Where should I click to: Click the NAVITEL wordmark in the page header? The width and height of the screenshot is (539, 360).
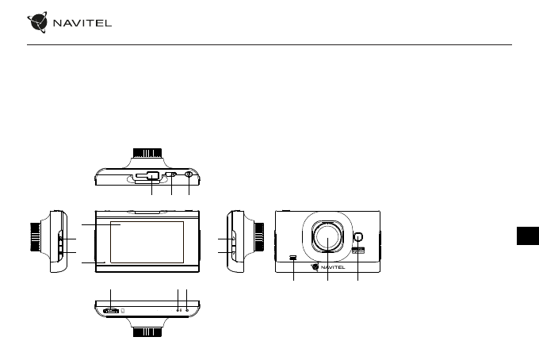tap(82, 23)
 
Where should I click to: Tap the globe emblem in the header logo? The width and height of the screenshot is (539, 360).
tap(37, 22)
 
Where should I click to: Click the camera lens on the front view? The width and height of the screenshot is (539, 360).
tap(327, 236)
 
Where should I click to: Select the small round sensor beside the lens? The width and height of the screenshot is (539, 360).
tap(358, 237)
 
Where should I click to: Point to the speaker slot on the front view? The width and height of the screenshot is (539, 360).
tap(293, 257)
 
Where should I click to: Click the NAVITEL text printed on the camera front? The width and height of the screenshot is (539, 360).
tap(333, 267)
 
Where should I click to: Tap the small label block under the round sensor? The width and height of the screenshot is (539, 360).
tap(358, 251)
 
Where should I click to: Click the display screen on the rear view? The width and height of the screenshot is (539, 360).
tap(147, 242)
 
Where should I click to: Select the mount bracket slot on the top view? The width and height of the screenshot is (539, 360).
tap(147, 176)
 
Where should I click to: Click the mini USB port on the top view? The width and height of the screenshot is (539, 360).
tap(171, 174)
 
